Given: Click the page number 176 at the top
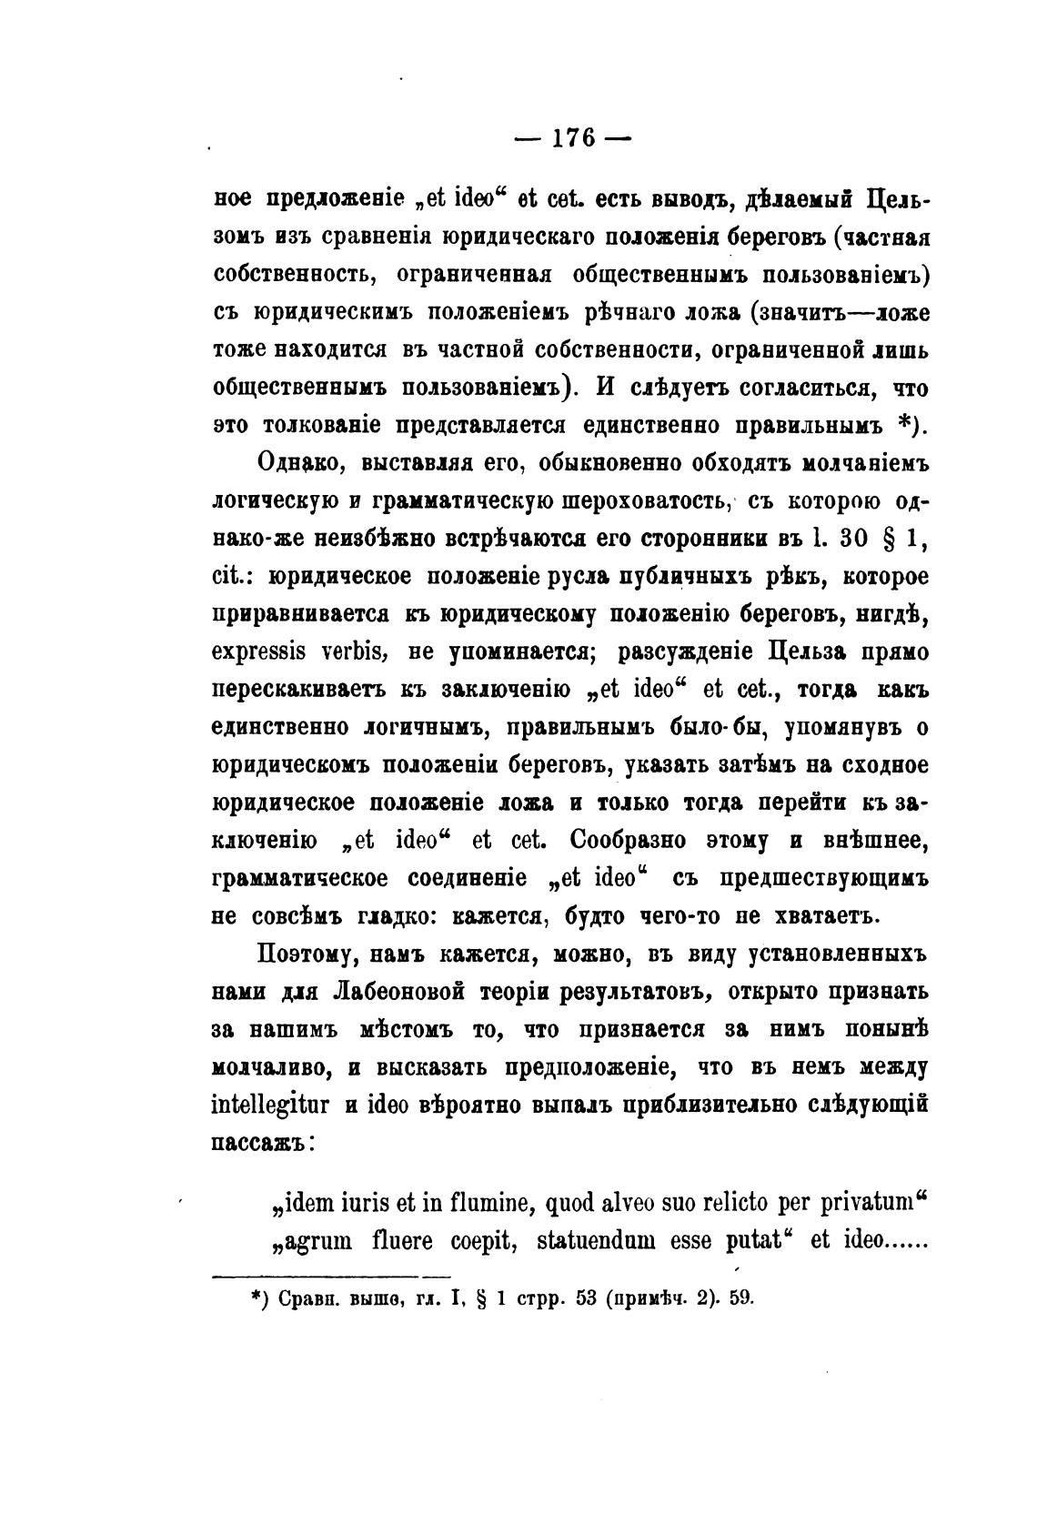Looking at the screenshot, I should pyautogui.click(x=572, y=138).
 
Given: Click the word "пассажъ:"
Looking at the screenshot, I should pyautogui.click(x=263, y=1143).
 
